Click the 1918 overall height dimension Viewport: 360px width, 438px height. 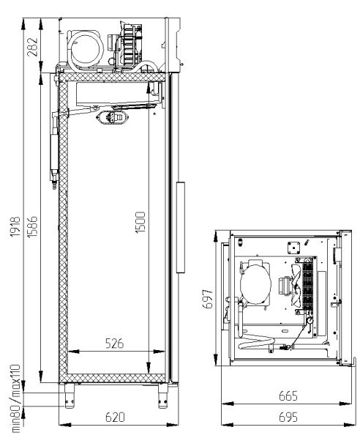point(15,226)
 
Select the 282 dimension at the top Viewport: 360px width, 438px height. point(32,47)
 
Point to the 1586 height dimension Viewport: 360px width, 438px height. point(32,226)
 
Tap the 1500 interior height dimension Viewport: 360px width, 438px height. point(140,223)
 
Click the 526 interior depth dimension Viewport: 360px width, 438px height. point(115,344)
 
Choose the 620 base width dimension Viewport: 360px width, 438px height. point(115,417)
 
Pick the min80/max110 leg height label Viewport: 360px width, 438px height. point(15,398)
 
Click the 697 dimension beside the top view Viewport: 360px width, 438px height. point(208,299)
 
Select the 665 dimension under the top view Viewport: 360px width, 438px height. point(288,396)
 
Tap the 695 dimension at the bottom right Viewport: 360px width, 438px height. point(288,417)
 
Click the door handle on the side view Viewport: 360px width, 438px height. point(181,227)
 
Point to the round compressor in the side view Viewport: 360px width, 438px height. point(86,49)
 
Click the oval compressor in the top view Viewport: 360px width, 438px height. point(255,283)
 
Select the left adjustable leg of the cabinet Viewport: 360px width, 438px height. point(70,396)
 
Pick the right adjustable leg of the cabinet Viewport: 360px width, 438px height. point(163,396)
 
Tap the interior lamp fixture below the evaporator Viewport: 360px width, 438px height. point(113,117)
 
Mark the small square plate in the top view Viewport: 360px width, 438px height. point(294,248)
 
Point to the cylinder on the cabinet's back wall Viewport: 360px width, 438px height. point(54,152)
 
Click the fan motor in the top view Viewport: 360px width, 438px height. point(285,286)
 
